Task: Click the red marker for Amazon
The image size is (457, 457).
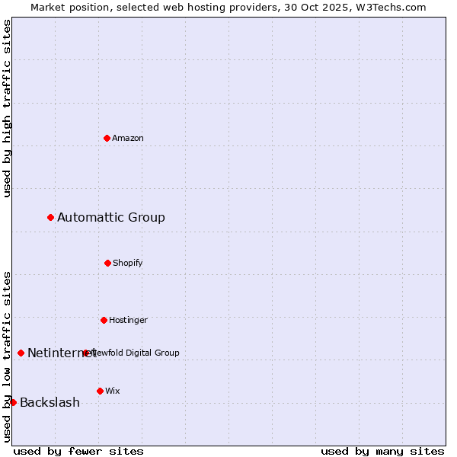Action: click(x=107, y=138)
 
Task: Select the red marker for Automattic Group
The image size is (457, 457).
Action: click(x=50, y=218)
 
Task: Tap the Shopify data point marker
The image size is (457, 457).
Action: click(x=107, y=263)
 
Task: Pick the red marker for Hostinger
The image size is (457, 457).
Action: click(x=104, y=320)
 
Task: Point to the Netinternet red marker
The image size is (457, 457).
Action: click(x=21, y=353)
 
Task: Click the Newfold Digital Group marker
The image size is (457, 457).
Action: click(x=85, y=353)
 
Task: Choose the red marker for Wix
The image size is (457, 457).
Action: click(x=100, y=391)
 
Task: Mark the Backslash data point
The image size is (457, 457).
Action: click(x=13, y=402)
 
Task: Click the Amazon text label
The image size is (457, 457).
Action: click(x=128, y=138)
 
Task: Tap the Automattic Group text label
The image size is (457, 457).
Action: click(x=111, y=218)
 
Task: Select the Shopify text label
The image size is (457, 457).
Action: click(x=128, y=263)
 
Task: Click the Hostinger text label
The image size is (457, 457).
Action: click(x=128, y=320)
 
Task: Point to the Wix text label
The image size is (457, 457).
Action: click(x=113, y=391)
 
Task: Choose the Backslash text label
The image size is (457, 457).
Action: click(x=50, y=403)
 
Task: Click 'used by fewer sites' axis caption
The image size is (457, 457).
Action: click(x=78, y=451)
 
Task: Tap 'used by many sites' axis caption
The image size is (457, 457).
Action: click(x=382, y=451)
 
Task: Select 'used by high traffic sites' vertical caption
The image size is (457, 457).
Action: click(x=7, y=108)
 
